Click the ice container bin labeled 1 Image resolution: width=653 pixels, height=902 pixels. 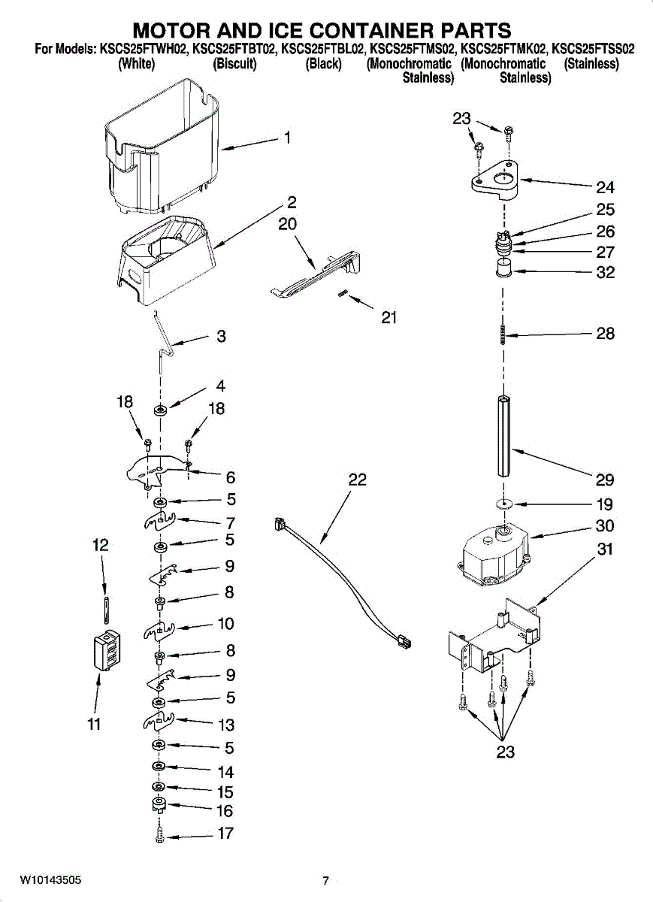tap(162, 147)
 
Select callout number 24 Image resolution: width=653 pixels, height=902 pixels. tap(605, 188)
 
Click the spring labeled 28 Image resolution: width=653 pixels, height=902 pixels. tap(502, 333)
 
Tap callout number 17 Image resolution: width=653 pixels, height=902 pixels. tap(225, 833)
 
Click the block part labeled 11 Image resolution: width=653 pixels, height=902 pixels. tap(103, 649)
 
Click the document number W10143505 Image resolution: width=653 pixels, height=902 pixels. tap(50, 880)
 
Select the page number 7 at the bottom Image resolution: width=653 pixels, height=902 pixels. tap(325, 881)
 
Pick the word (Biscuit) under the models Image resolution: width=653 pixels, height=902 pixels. tap(234, 64)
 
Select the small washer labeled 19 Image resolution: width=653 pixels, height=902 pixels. tap(504, 503)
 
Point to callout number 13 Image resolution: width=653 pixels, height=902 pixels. tap(225, 725)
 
